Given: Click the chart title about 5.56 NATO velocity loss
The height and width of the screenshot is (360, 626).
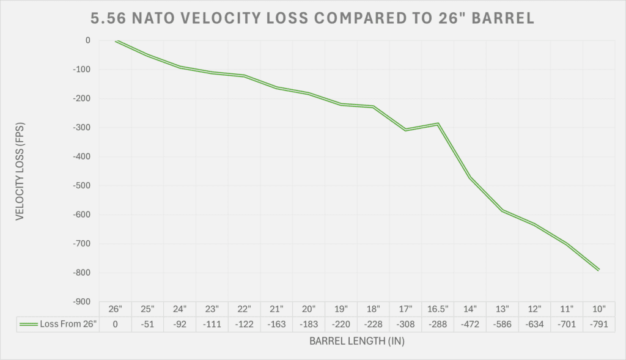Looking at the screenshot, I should (x=313, y=19).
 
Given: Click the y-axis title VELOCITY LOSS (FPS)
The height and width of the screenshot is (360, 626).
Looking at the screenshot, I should (x=20, y=171).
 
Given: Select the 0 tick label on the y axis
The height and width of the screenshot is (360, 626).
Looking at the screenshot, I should (x=87, y=40).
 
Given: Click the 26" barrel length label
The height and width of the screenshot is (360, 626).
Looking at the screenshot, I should (x=116, y=309).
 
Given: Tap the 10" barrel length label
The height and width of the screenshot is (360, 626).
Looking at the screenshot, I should (x=598, y=309).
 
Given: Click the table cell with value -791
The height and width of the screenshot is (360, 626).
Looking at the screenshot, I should (x=598, y=325).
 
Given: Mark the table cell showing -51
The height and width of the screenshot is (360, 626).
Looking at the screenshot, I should (x=148, y=325).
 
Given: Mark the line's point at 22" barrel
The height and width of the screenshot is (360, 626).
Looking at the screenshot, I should (x=245, y=76).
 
